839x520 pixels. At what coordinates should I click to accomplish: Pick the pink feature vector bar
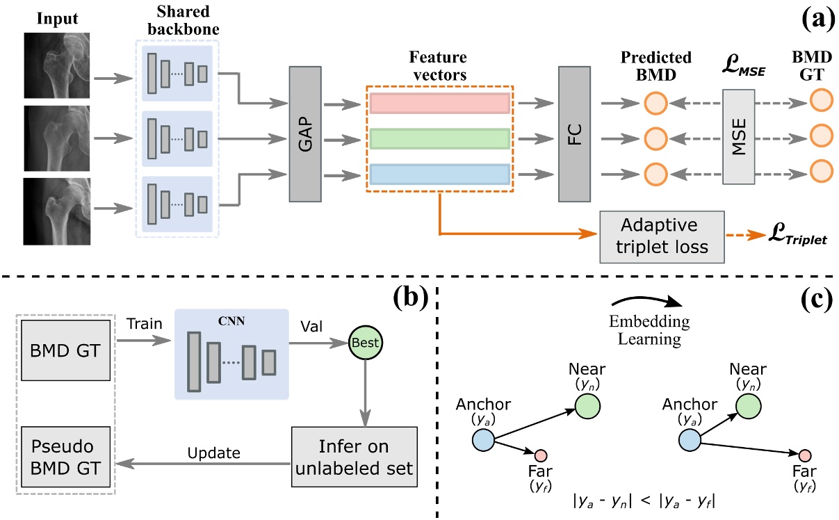[439, 103]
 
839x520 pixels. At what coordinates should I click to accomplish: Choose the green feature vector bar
[439, 139]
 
